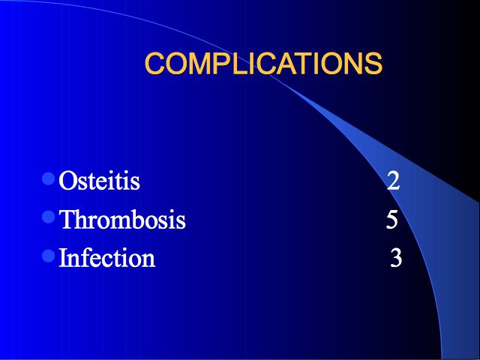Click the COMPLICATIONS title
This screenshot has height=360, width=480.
click(x=263, y=63)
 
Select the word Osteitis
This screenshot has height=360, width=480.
click(x=99, y=181)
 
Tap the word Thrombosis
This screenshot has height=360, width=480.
click(x=122, y=219)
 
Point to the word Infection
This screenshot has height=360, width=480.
click(x=106, y=257)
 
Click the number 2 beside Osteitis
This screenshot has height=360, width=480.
click(x=393, y=181)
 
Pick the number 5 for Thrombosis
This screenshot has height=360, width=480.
click(x=391, y=219)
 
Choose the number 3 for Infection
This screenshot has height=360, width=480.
click(x=396, y=257)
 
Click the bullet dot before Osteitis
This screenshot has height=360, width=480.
click(x=48, y=178)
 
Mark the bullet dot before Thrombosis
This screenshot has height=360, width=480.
click(x=48, y=217)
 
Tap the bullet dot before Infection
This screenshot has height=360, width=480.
click(x=48, y=255)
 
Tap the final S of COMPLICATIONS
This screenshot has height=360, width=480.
click(x=373, y=63)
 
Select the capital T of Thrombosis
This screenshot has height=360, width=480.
click(x=67, y=219)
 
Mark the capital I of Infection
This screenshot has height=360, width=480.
click(x=63, y=257)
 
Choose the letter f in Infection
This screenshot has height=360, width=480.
click(x=86, y=256)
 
